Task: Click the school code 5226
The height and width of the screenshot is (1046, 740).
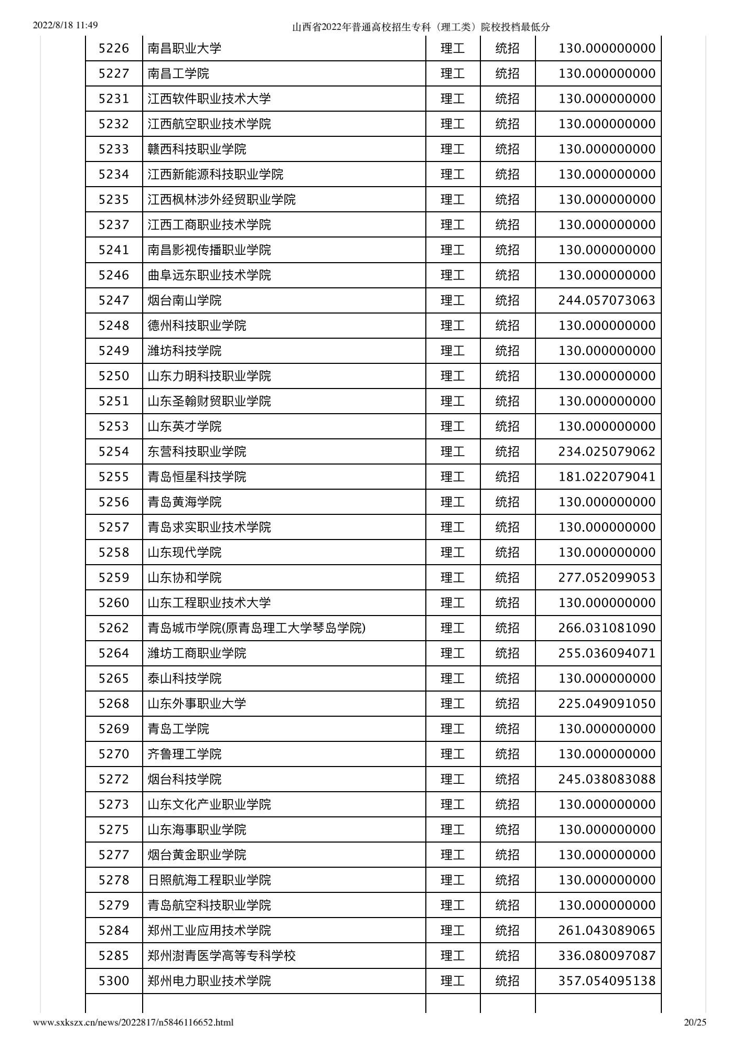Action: click(x=114, y=49)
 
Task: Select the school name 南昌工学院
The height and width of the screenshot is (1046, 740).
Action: click(x=178, y=74)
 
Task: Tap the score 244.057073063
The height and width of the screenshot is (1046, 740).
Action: click(x=607, y=300)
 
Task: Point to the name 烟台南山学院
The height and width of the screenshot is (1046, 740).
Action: click(x=185, y=300)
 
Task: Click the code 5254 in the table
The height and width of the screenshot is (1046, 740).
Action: click(x=114, y=451)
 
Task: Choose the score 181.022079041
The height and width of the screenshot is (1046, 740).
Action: click(x=607, y=477)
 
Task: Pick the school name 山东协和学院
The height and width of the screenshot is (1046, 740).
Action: click(x=185, y=578)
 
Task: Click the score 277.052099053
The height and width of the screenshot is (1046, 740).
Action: click(x=607, y=578)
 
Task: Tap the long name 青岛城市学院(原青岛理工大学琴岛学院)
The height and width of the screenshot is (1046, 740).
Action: click(x=256, y=628)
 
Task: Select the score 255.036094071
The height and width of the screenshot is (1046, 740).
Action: click(x=607, y=653)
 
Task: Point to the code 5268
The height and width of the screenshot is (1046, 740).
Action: click(x=114, y=704)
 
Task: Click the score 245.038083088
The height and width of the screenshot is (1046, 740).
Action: click(x=607, y=779)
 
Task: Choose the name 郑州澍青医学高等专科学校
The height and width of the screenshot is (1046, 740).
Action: click(x=221, y=955)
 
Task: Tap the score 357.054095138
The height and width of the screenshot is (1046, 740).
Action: click(x=607, y=980)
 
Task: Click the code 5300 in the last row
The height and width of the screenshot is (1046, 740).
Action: click(x=114, y=980)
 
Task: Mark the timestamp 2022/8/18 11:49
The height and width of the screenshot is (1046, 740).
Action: click(x=66, y=25)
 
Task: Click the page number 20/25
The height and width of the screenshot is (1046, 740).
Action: click(x=695, y=1022)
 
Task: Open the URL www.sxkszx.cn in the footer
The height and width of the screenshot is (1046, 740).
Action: click(x=133, y=1022)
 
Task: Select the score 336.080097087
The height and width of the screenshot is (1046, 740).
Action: click(x=607, y=955)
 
